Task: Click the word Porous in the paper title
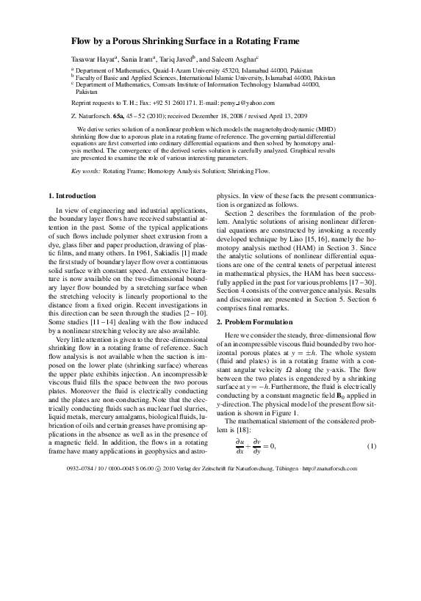129,42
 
